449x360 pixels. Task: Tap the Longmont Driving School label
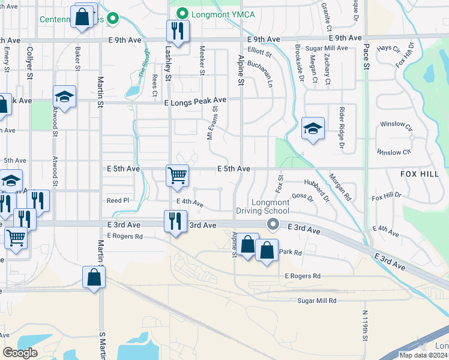coord(262,206)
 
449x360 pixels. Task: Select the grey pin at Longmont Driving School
coord(273,225)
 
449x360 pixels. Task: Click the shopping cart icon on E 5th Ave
coord(177,175)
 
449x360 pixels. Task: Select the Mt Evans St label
coord(210,124)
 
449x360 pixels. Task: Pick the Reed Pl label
coord(118,200)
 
